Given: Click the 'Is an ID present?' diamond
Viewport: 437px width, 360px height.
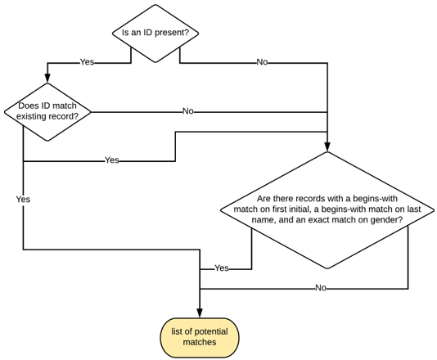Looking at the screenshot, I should (155, 33).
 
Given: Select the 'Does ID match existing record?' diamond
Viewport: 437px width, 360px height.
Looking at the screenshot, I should (47, 111).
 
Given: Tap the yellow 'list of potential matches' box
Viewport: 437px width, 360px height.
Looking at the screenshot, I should (200, 337).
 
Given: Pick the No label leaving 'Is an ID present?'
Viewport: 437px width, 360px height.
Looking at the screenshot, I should (262, 62).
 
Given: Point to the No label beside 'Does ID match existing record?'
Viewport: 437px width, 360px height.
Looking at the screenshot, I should (188, 111).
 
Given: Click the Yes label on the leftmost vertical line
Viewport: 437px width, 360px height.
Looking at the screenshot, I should (23, 199).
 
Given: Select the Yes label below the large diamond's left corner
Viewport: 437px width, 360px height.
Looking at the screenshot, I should (221, 268).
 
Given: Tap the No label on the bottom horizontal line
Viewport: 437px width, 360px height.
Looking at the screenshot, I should (321, 288).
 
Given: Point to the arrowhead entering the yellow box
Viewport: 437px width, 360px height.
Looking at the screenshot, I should (200, 312).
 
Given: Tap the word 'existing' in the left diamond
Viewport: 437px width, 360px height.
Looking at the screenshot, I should (34, 116).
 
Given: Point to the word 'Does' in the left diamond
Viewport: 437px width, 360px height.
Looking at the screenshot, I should (29, 105).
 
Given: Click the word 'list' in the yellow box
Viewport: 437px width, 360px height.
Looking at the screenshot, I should (178, 331).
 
